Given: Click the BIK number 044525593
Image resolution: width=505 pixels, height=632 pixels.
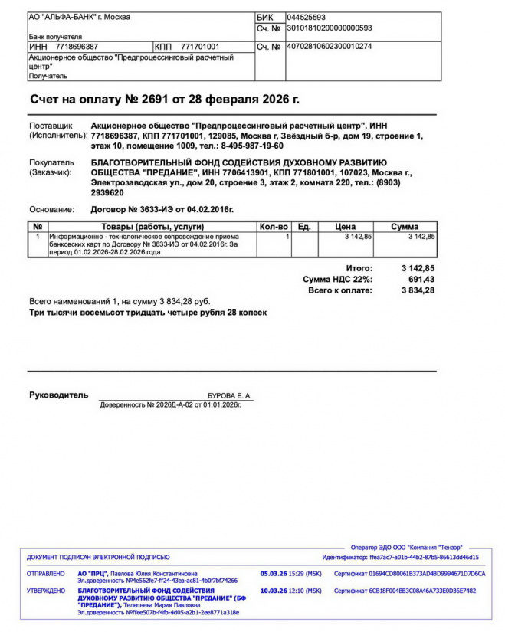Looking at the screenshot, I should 306,17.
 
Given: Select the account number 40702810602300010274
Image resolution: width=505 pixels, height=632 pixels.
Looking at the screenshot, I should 330,47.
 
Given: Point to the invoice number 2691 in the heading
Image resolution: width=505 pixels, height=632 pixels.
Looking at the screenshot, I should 156,100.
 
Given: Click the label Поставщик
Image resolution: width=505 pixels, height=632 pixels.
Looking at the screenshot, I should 51,125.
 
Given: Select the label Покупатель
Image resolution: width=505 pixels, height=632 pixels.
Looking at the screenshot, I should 51,162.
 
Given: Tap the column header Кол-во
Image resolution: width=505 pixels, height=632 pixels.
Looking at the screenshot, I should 274,227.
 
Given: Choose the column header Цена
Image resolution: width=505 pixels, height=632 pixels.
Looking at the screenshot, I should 346,227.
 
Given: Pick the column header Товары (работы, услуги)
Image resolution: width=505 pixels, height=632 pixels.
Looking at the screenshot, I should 152,227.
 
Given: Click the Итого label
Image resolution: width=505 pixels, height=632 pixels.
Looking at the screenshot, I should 359,269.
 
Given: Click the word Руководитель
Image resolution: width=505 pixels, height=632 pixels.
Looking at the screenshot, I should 58,395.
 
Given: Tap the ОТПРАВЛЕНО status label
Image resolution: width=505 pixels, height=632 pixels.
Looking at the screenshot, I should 46,573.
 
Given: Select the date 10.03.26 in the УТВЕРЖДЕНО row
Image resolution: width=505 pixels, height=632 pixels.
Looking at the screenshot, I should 273,591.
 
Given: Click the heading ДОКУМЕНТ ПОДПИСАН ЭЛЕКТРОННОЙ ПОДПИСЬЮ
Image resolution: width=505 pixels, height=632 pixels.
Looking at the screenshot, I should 98,557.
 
